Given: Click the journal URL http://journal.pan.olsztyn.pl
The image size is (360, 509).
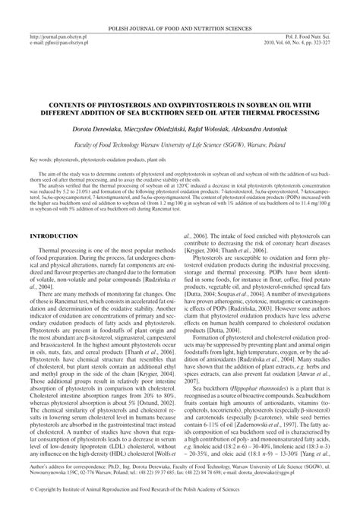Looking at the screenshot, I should click(58, 35).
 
